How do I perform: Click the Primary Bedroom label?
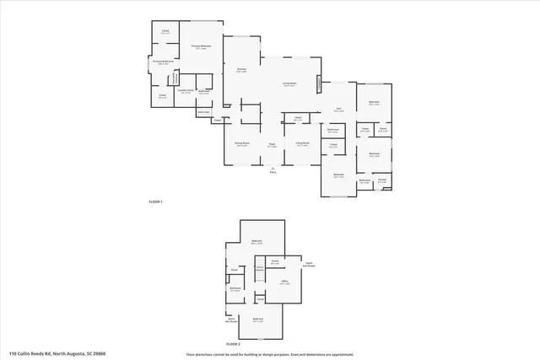pyautogui.click(x=201, y=47)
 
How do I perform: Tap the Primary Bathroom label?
pyautogui.click(x=163, y=62)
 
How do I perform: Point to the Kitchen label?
pyautogui.click(x=241, y=71)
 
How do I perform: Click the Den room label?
pyautogui.click(x=337, y=110)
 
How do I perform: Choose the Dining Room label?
pyautogui.click(x=241, y=143)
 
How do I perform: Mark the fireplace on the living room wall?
pyautogui.click(x=319, y=85)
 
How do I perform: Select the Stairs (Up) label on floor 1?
pyautogui.click(x=202, y=112)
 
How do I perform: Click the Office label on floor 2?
pyautogui.click(x=284, y=283)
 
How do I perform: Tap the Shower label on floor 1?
pyautogui.click(x=382, y=180)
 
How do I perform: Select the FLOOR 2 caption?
pyautogui.click(x=233, y=345)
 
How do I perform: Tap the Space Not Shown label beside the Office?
pyautogui.click(x=309, y=263)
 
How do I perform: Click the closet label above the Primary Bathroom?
pyautogui.click(x=165, y=33)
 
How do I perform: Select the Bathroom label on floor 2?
pyautogui.click(x=235, y=288)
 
